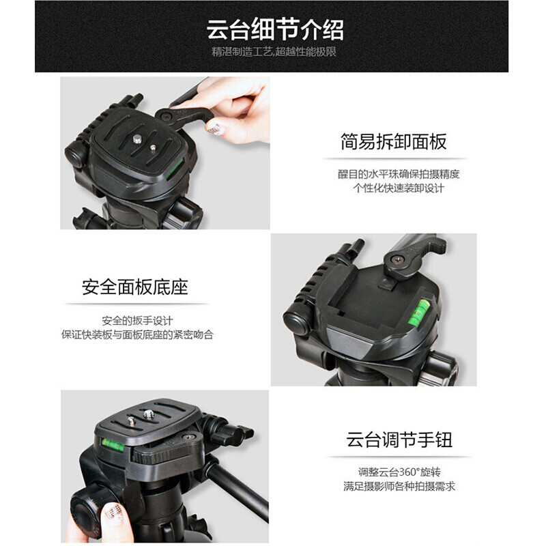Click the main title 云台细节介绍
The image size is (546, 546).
tap(275, 29)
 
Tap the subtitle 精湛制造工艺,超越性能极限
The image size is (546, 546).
tap(274, 52)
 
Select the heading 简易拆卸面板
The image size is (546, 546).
tap(394, 141)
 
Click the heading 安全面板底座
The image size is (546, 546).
tap(135, 287)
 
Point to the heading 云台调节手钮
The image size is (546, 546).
tap(399, 439)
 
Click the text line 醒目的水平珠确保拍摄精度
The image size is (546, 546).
tap(399, 174)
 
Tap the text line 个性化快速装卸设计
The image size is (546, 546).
tap(399, 188)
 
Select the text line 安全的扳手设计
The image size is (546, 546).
tap(137, 320)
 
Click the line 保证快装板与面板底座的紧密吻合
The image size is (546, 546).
tap(137, 334)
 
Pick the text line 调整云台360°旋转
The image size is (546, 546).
tap(399, 472)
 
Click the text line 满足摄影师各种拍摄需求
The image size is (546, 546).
tap(399, 486)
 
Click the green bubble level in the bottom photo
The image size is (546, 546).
tap(113, 445)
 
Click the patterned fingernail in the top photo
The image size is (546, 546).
tap(214, 128)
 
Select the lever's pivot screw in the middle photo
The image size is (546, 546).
tap(397, 259)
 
